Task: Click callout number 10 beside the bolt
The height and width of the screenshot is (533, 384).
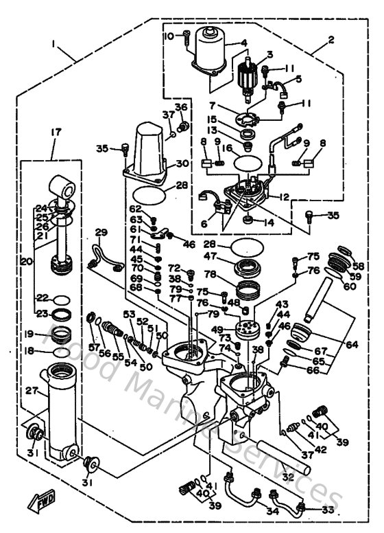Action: [167, 36]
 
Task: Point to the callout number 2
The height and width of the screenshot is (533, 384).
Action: [331, 40]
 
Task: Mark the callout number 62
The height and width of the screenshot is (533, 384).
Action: [136, 209]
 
